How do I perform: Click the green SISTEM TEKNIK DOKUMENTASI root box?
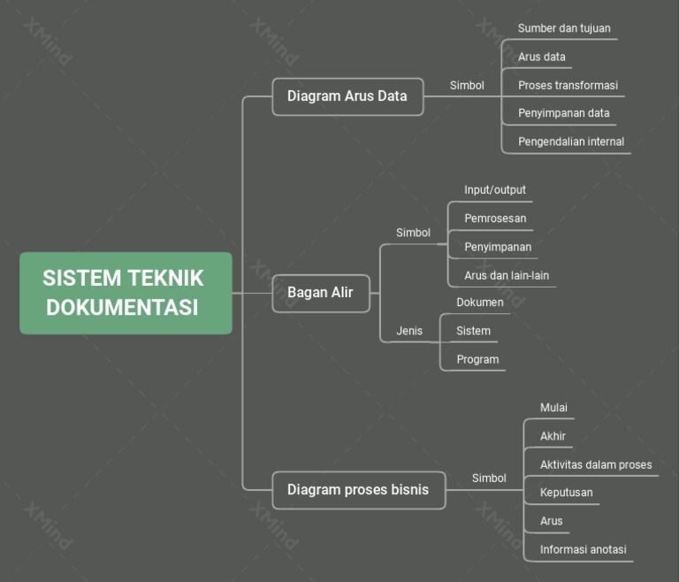126,293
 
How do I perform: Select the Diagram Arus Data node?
347,96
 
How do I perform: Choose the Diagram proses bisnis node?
357,490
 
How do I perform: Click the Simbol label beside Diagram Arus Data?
467,86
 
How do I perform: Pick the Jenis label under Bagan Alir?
409,331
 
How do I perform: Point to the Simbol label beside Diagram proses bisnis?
489,479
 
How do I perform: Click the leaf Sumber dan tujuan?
564,28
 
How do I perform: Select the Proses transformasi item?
568,86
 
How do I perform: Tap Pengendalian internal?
570,142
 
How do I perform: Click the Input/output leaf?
495,190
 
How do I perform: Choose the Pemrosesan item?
495,218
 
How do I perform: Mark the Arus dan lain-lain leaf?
507,275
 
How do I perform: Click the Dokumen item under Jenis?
480,302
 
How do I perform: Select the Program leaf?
477,359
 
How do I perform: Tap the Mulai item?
553,408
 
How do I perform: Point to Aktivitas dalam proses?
596,464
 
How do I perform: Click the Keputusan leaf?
566,493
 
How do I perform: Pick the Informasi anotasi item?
583,549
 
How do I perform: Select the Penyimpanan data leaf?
563,113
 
